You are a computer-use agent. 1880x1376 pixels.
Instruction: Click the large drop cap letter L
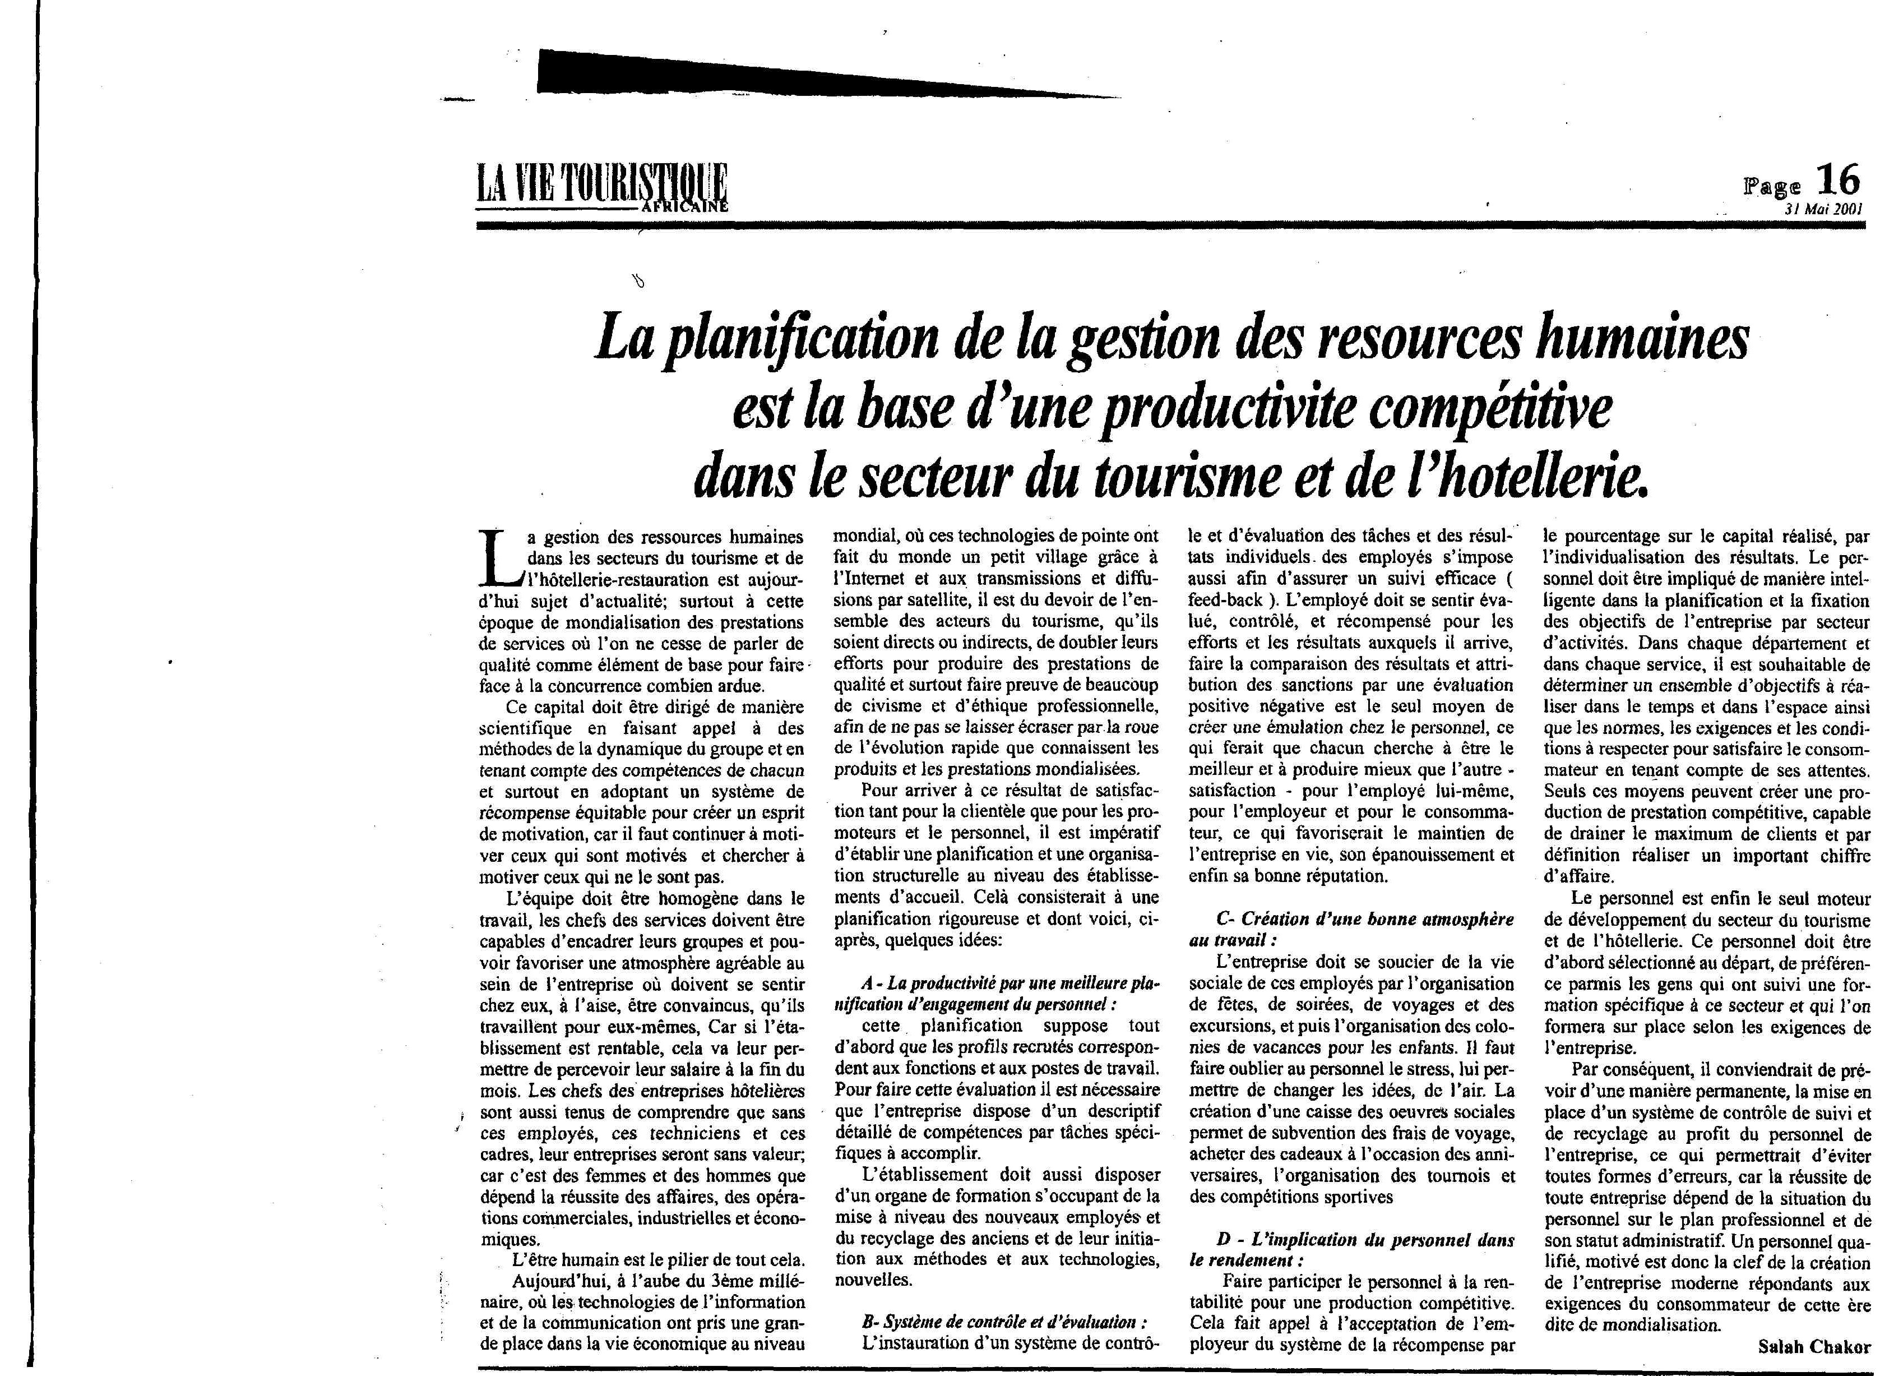point(502,557)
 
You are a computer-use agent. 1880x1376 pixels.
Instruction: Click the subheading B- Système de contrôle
point(1003,1322)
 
